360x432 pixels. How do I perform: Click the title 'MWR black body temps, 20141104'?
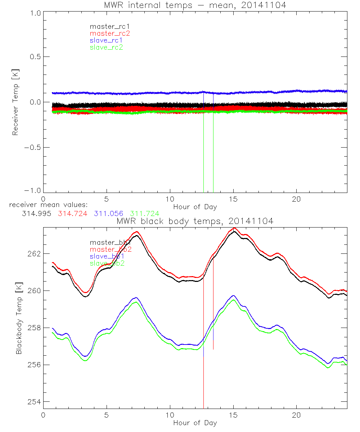click(x=195, y=221)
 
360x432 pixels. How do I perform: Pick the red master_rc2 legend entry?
click(x=109, y=33)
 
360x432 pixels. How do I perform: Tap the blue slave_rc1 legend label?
click(x=106, y=40)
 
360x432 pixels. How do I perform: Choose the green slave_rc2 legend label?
click(x=106, y=48)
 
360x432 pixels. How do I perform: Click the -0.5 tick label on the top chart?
click(x=33, y=148)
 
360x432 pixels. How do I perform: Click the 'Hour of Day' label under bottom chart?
click(x=195, y=423)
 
